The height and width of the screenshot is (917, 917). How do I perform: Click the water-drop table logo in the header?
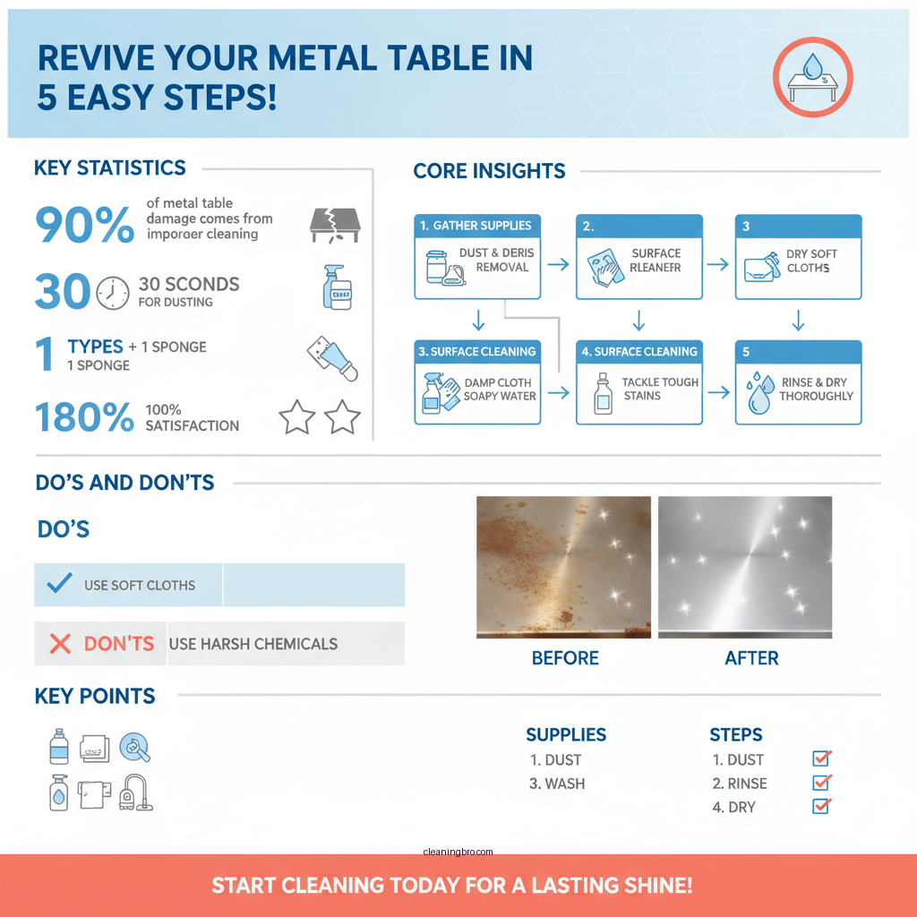coord(813,78)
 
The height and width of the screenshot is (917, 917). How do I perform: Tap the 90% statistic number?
coord(84,224)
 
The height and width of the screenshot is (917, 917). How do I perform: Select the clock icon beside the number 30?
coord(112,292)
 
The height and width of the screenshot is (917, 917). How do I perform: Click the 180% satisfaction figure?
coord(84,418)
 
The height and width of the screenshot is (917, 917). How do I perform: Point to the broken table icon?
coord(333,224)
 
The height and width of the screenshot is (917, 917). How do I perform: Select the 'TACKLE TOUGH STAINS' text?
coord(659,389)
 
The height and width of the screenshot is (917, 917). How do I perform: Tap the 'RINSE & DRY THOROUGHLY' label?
coord(815,389)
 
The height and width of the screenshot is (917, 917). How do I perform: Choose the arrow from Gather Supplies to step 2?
coord(558,264)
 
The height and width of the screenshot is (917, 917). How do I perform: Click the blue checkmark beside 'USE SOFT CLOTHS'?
coord(59,585)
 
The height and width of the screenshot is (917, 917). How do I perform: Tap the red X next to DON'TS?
coord(60,643)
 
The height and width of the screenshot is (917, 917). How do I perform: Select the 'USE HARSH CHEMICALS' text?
coord(253,644)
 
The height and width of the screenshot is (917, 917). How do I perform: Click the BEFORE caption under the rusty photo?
coord(565,658)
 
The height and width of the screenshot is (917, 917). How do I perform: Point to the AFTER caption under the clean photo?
coord(751,658)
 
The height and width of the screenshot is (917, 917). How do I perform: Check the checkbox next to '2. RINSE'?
coord(821,783)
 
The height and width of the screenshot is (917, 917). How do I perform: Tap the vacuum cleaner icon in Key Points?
coord(136,793)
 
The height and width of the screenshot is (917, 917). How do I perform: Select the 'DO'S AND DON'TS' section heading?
coord(124,483)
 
